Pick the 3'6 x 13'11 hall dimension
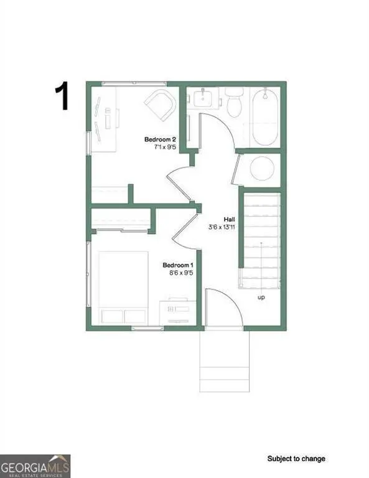221,228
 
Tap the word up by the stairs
261,298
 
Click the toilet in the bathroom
234,103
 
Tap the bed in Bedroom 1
122,286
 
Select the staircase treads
261,240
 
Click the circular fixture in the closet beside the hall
261,168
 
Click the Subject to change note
296,459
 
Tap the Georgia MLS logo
35,466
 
